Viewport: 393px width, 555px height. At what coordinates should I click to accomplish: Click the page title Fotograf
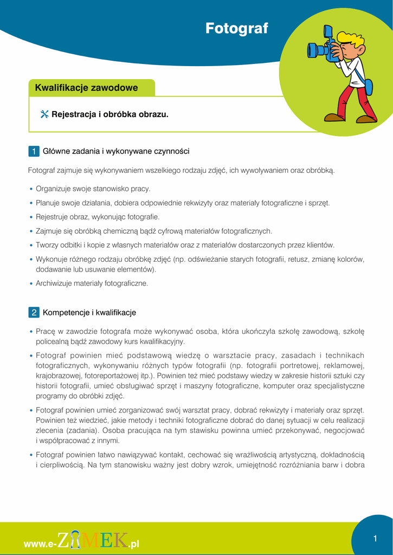(236, 29)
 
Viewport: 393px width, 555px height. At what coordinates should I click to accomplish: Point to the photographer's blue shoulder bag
(368, 87)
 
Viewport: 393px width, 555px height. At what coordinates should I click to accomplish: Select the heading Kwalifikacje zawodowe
(86, 88)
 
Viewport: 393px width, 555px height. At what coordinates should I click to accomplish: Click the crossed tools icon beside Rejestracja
(44, 114)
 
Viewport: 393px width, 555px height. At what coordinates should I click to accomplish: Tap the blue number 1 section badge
(34, 151)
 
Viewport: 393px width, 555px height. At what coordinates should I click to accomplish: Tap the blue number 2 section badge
(34, 313)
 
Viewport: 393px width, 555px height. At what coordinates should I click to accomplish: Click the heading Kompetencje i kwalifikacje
(89, 313)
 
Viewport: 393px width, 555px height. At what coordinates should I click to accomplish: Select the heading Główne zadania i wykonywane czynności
(116, 151)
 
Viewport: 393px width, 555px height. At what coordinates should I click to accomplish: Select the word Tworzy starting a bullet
(47, 245)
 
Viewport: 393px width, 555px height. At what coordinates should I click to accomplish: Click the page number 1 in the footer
(375, 538)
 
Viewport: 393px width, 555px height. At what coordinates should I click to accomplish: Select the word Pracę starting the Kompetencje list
(46, 331)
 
